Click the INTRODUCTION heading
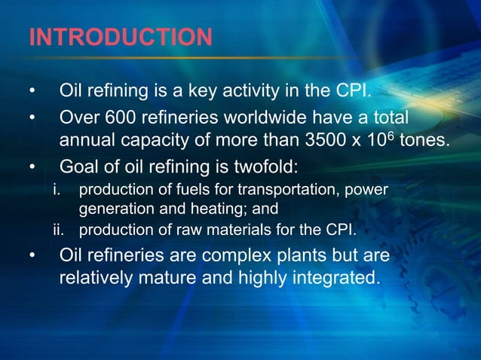pyautogui.click(x=120, y=38)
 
